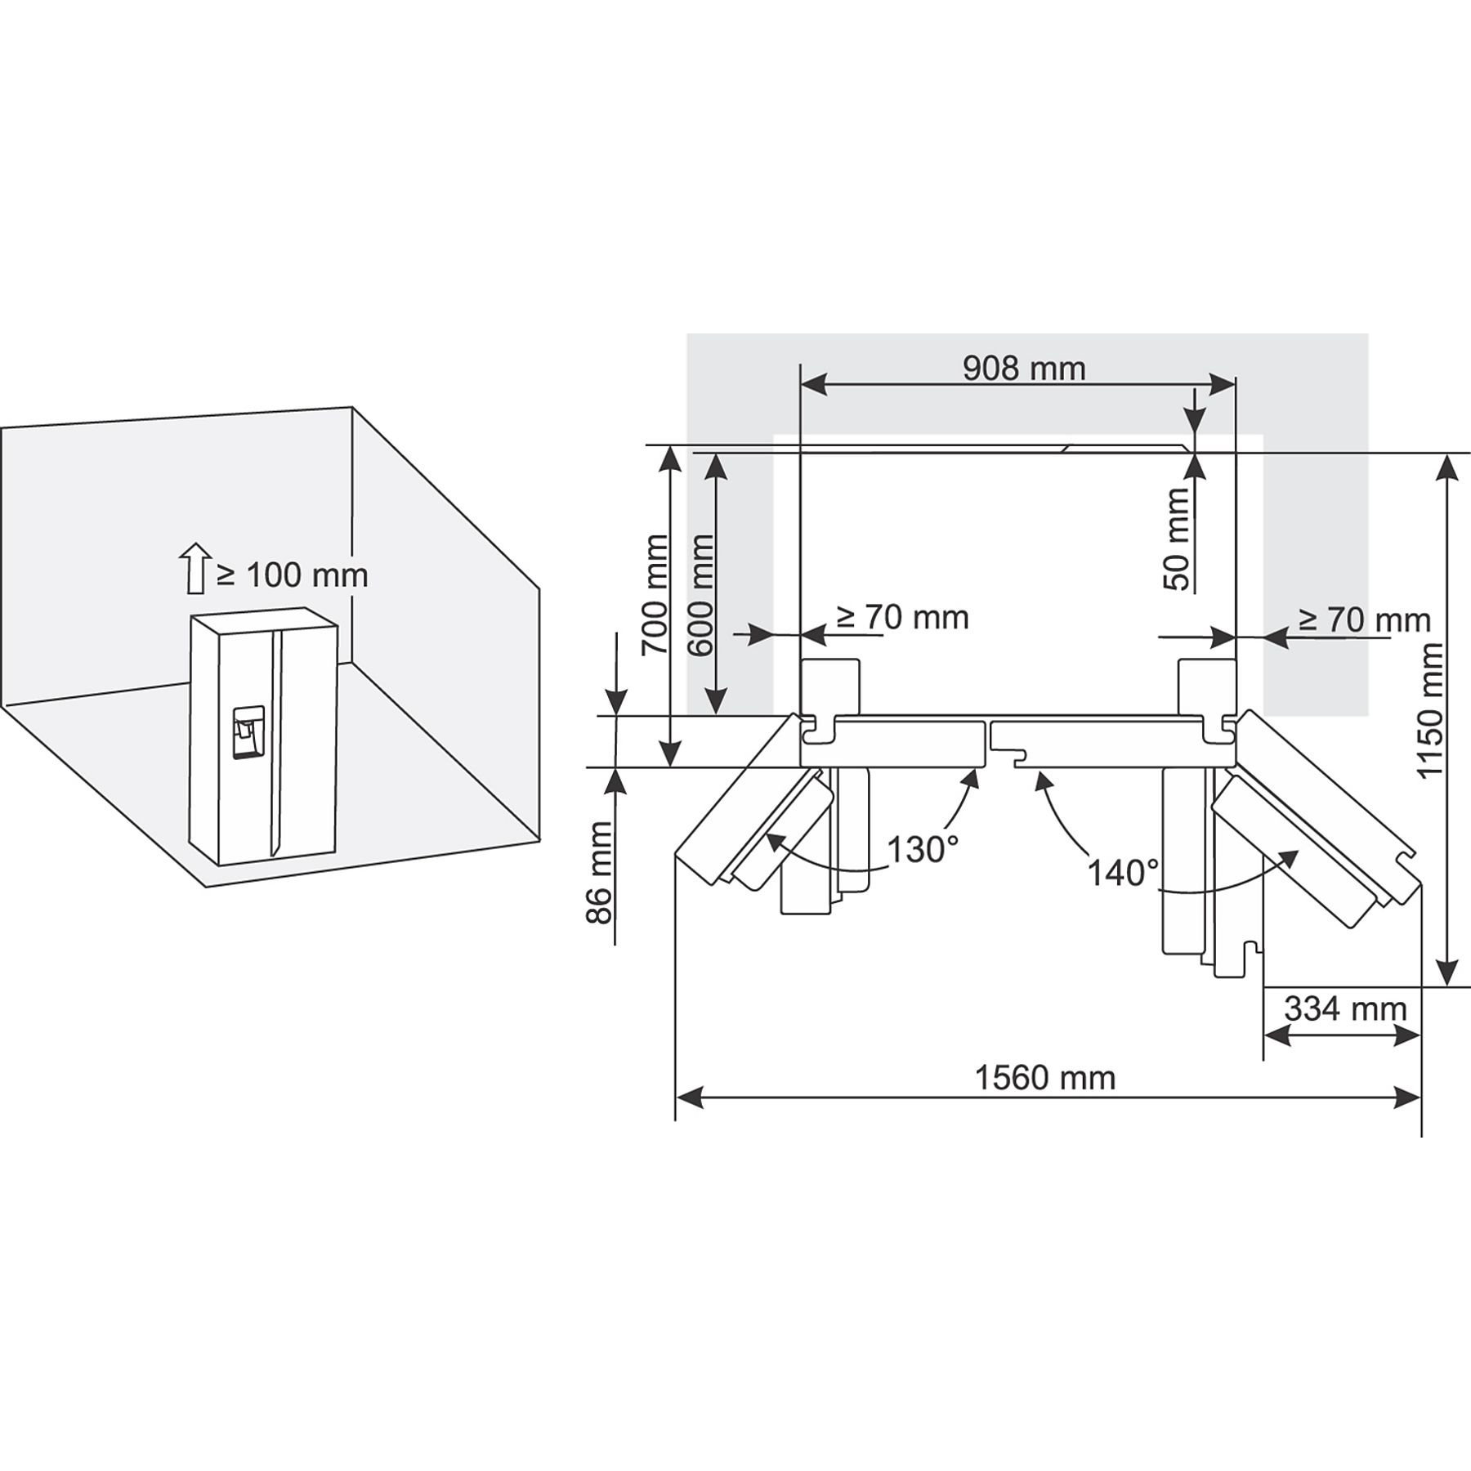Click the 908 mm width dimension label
click(1023, 369)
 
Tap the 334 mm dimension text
click(1345, 1008)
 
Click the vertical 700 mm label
click(654, 594)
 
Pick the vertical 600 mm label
click(700, 594)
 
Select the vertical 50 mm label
click(1177, 539)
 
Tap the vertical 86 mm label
click(600, 872)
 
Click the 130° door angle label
click(922, 850)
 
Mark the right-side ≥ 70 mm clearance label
click(1364, 620)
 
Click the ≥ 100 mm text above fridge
click(292, 575)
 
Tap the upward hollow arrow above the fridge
click(194, 567)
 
